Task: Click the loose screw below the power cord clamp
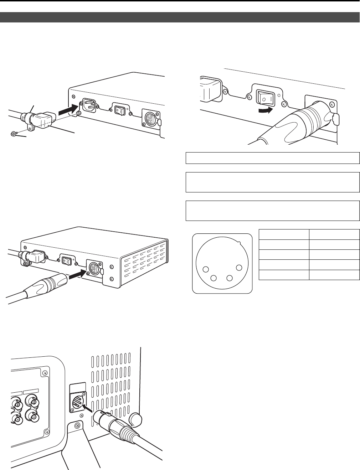point(13,134)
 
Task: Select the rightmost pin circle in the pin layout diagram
point(239,268)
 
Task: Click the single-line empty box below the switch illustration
point(273,158)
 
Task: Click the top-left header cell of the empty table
point(283,234)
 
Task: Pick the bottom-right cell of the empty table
point(334,275)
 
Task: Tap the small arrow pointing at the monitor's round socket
point(88,408)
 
